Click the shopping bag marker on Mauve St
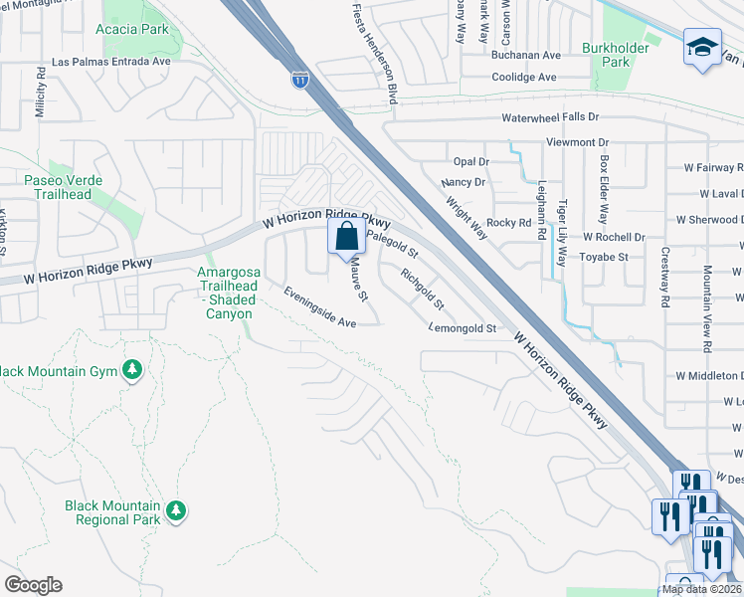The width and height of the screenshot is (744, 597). coord(346,237)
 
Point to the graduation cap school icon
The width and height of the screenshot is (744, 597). coord(701,48)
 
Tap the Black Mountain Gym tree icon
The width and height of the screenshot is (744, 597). coord(132,371)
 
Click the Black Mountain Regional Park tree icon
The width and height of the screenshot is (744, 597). coord(176,510)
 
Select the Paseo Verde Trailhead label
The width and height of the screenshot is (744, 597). coord(60,187)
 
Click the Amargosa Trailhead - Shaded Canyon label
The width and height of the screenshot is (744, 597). coord(227,293)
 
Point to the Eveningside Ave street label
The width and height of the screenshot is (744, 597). coord(319,308)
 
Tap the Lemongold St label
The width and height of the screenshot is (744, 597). coord(463,327)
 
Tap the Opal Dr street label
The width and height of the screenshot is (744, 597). coord(471,161)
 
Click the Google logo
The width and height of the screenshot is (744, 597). coord(33,585)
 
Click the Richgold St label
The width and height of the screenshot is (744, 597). coord(423,288)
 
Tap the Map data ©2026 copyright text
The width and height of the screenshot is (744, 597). coord(701,589)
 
